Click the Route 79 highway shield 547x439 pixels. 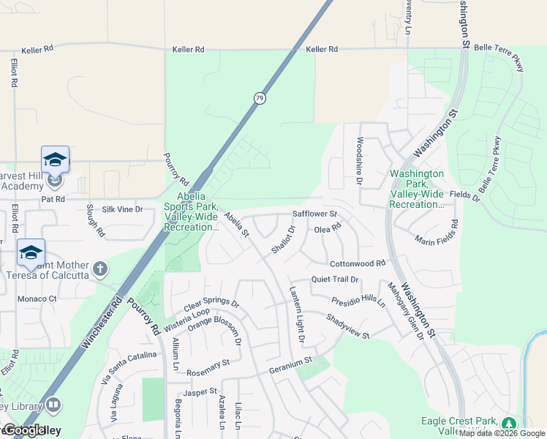pyautogui.click(x=259, y=98)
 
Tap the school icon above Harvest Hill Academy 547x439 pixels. pyautogui.click(x=55, y=160)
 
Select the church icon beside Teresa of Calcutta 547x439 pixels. pyautogui.click(x=100, y=269)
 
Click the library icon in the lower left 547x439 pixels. pyautogui.click(x=53, y=405)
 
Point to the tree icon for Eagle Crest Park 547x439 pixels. pyautogui.click(x=508, y=424)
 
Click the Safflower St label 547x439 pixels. pyautogui.click(x=314, y=214)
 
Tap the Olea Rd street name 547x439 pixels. pyautogui.click(x=328, y=229)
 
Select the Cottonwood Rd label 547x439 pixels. pyautogui.click(x=357, y=263)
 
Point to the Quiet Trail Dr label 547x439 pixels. pyautogui.click(x=335, y=279)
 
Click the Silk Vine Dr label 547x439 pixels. pyautogui.click(x=123, y=209)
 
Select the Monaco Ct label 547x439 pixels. pyautogui.click(x=37, y=299)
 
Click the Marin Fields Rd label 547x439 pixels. pyautogui.click(x=436, y=233)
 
